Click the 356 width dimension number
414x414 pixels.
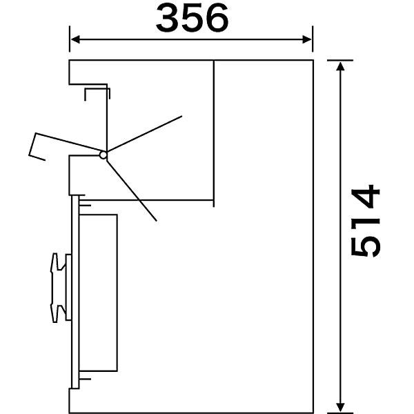192,18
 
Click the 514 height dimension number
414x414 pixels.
365,221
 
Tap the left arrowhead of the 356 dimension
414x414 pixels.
75,39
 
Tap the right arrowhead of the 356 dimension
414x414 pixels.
307,39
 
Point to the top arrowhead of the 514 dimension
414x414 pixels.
341,66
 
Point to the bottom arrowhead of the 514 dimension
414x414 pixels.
341,407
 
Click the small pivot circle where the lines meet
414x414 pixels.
103,155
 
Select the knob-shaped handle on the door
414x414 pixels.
58,288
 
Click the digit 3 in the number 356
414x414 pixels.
168,18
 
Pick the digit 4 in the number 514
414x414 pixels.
365,196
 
